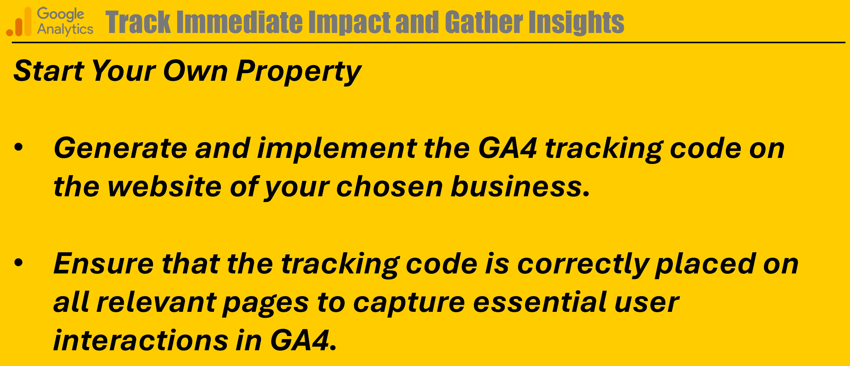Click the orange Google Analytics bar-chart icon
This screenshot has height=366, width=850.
coord(19,21)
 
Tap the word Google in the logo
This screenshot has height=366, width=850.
coord(60,14)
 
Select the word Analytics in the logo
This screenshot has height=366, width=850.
coord(65,29)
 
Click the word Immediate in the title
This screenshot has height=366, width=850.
coord(240,22)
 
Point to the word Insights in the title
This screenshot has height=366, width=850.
coord(576,22)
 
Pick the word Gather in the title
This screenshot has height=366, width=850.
coord(484,22)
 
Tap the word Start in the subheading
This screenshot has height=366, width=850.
coord(49,70)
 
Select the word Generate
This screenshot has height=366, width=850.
coord(121,148)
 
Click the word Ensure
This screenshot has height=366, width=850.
coord(104,263)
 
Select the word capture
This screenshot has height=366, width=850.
coord(409,303)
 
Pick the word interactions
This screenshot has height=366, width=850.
coord(141,340)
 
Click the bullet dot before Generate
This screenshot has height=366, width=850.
coord(18,147)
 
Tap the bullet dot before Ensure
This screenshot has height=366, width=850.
coord(18,263)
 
